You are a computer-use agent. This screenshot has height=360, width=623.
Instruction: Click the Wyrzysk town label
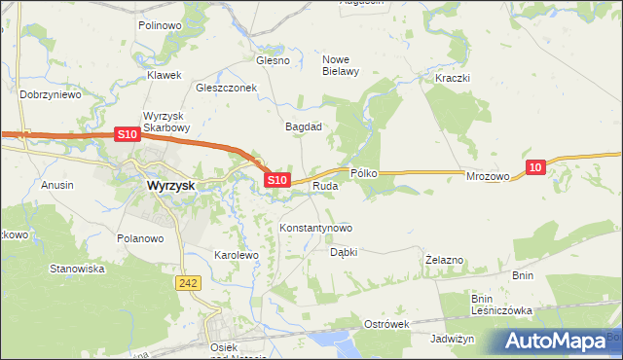pos(167,184)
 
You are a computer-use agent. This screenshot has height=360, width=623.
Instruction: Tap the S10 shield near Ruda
pos(277,180)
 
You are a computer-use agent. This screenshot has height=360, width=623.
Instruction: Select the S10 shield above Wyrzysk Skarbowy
pos(127,134)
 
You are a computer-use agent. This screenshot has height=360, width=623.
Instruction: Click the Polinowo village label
pos(160,25)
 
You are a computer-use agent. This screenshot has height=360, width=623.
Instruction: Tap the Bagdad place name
pos(303,126)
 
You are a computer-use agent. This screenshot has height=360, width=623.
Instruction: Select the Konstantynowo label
pos(315,228)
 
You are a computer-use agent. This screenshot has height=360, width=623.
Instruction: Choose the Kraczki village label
pos(453,77)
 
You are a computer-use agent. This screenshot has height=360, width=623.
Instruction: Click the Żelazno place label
pos(444,260)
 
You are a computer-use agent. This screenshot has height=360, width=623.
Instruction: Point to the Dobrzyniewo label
pos(49,95)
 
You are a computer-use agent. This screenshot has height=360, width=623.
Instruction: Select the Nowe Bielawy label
pos(342,64)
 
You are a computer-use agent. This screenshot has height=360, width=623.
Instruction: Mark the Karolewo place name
pos(235,255)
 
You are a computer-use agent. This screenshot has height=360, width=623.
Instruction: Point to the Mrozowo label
pos(488,177)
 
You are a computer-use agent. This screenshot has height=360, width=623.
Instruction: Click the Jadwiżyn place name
pos(452,339)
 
